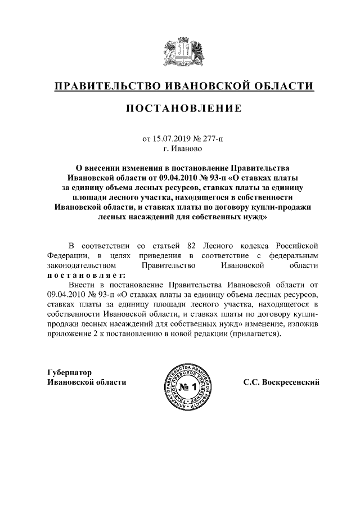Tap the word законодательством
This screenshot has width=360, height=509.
[82, 264]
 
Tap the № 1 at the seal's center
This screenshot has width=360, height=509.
[188, 387]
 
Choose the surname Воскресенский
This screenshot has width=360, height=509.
[291, 382]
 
